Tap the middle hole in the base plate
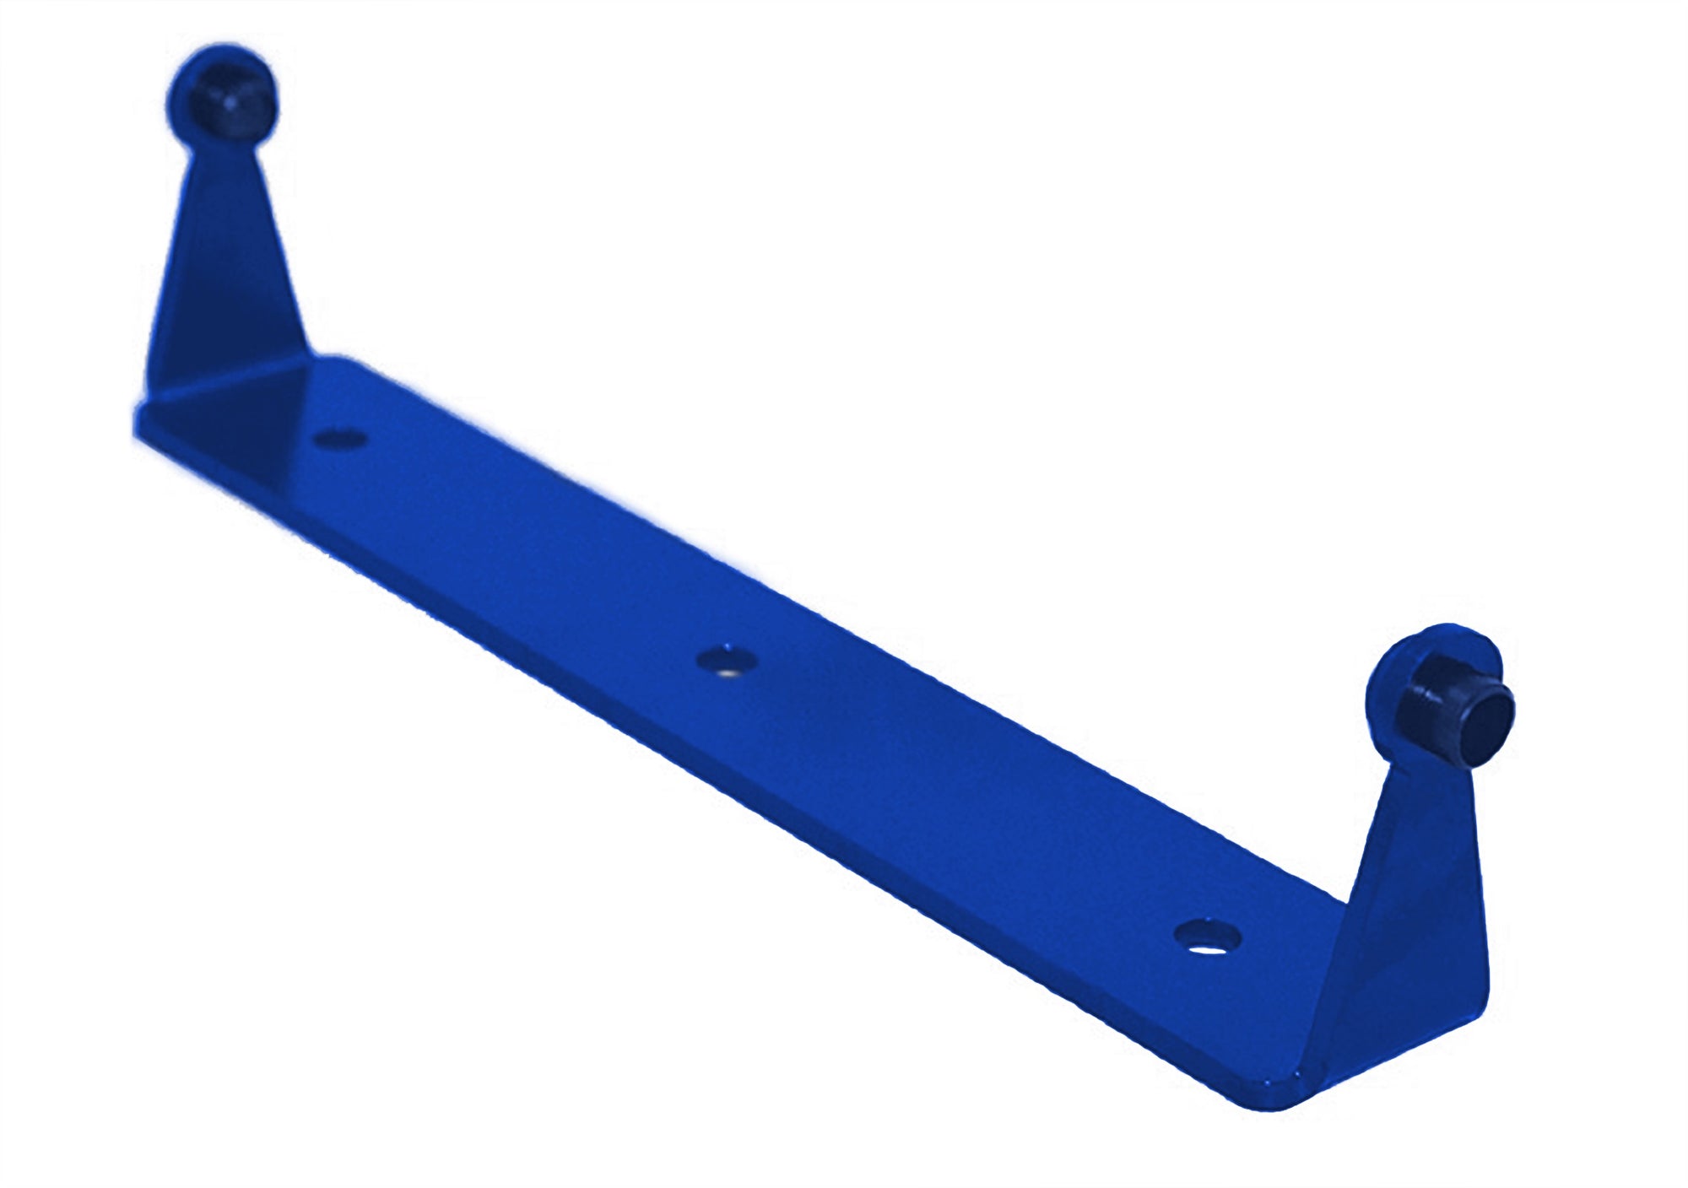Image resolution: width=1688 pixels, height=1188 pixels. pyautogui.click(x=726, y=661)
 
